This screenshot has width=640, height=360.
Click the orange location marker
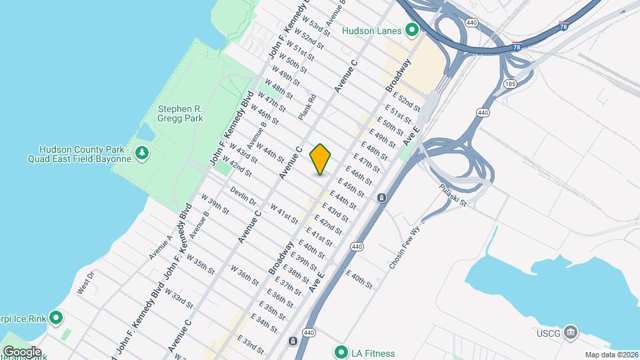tap(321, 159)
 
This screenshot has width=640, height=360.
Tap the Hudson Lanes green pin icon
tap(412, 30)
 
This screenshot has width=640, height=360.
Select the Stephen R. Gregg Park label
tap(180, 113)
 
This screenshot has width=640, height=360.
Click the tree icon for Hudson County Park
tap(141, 154)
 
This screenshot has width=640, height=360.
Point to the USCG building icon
tap(570, 331)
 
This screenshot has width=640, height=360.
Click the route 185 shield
tap(511, 84)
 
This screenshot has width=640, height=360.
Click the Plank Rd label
tap(307, 106)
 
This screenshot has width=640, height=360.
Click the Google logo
tap(21, 351)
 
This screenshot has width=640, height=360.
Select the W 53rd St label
tap(317, 29)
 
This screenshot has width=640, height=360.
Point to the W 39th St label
tap(215, 203)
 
